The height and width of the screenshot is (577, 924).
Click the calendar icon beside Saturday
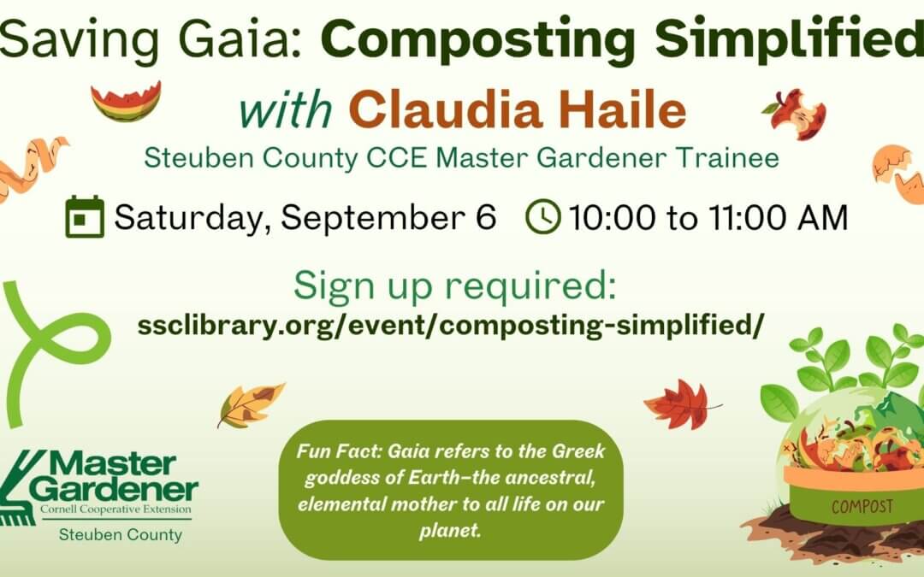[85, 217]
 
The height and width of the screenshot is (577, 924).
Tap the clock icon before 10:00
[542, 217]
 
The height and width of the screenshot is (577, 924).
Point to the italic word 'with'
[286, 111]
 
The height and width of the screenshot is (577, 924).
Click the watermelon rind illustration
[126, 102]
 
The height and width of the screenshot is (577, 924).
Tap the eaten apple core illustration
[797, 114]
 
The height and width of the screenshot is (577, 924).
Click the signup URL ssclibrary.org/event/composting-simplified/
[448, 326]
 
